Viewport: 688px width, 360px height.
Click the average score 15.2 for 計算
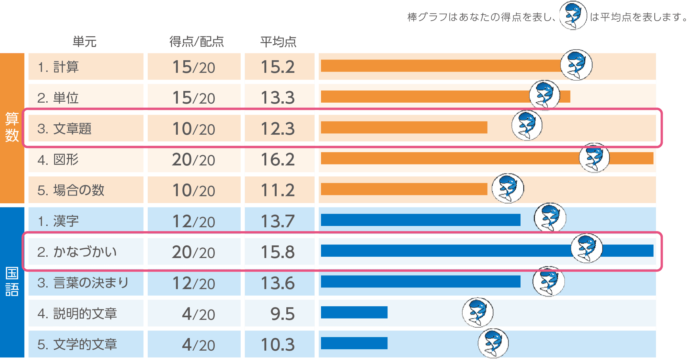(278, 67)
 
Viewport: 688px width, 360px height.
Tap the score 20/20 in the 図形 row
(193, 160)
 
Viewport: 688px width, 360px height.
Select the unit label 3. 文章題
(64, 129)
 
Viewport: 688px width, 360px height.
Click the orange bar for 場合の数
(404, 189)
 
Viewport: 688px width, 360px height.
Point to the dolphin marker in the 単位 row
(545, 95)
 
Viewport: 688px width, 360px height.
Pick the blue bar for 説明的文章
(354, 312)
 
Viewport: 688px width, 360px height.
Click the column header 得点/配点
(197, 42)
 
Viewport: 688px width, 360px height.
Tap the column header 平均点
(278, 42)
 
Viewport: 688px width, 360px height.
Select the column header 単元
(85, 42)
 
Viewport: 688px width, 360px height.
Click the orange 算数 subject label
(12, 127)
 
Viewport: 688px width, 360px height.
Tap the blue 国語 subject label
(12, 282)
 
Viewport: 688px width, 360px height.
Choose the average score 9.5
(282, 314)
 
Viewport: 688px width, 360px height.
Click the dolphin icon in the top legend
(573, 16)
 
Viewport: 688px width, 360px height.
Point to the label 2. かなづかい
(77, 252)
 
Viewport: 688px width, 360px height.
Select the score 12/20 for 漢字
(193, 221)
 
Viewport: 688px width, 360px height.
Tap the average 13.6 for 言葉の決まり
(278, 283)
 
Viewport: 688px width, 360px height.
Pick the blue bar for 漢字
(420, 220)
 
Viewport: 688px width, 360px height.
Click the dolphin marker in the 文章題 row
(527, 125)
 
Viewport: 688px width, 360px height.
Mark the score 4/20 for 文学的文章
(198, 345)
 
